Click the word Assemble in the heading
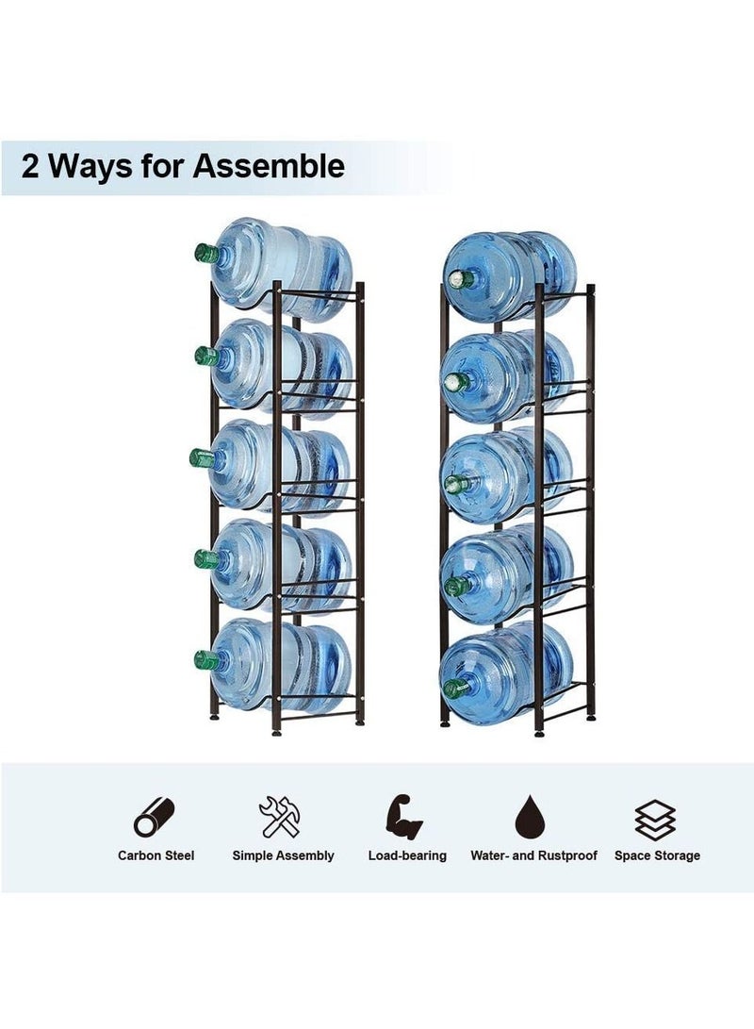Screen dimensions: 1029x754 [x=269, y=167]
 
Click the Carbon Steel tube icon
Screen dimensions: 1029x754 [x=155, y=818]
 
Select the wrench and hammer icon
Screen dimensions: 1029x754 [x=282, y=818]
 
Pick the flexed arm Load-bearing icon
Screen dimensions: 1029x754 [x=406, y=818]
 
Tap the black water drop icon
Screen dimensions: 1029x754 [x=533, y=818]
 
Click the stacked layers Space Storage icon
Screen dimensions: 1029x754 [x=656, y=819]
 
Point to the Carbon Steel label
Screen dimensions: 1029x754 [x=156, y=855]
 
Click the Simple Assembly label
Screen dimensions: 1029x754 [x=283, y=855]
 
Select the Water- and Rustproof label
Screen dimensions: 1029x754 [x=533, y=855]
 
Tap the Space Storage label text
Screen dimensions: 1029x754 [x=657, y=855]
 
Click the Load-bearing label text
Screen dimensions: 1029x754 [x=407, y=855]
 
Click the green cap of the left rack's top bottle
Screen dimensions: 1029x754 [x=206, y=253]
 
